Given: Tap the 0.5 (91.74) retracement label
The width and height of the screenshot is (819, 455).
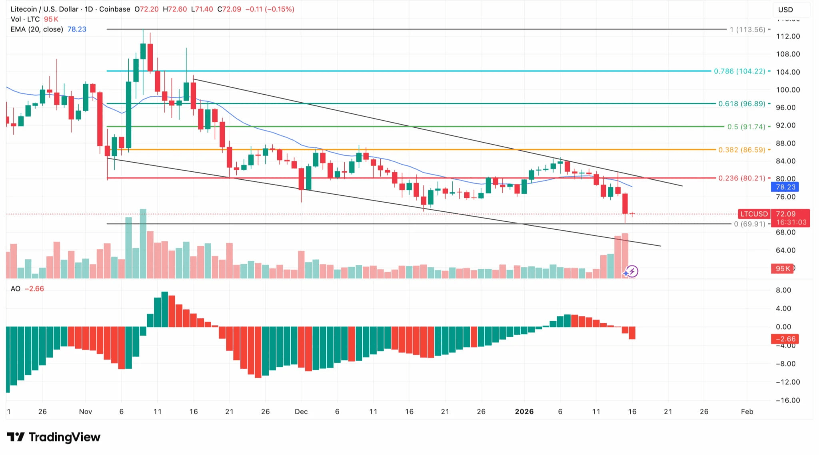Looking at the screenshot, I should click(746, 127).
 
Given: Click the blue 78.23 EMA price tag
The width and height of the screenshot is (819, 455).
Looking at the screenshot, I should click(785, 187).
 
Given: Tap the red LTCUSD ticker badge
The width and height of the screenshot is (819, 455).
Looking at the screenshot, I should click(754, 214).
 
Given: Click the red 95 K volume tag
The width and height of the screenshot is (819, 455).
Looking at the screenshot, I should click(783, 268).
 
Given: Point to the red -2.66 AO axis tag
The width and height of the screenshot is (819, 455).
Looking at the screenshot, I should click(785, 339).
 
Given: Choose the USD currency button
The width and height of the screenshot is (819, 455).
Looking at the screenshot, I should click(785, 10).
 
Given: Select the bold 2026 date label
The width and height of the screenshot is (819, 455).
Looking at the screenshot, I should click(524, 411).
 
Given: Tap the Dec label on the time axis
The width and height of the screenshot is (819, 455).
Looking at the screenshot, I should click(301, 411).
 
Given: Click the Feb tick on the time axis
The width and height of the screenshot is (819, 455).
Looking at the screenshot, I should click(747, 411).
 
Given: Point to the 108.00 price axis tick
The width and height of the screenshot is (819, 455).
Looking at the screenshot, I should click(788, 54).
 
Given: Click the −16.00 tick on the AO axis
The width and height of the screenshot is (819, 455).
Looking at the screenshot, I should click(787, 400).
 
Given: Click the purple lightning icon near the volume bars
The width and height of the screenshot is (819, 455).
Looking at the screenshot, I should click(631, 272).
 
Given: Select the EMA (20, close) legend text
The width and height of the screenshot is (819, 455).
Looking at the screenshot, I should click(37, 29).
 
